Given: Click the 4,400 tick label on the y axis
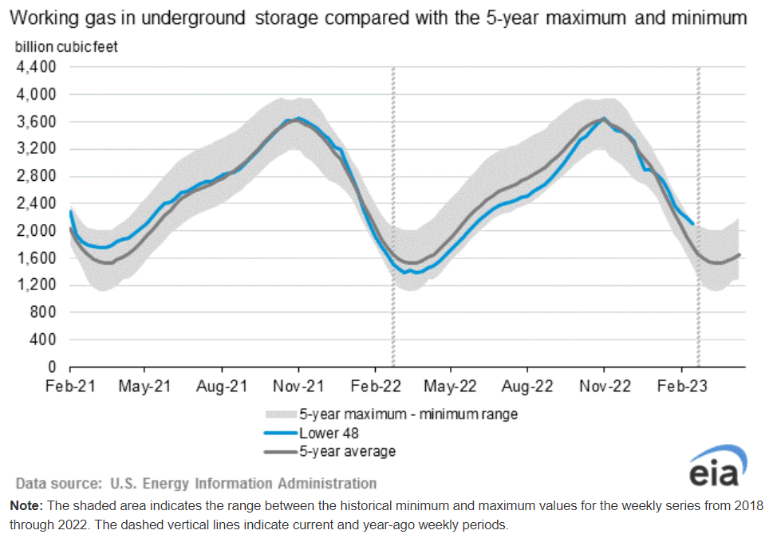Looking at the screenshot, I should [x=35, y=67].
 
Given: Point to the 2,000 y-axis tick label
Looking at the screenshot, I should [x=35, y=230].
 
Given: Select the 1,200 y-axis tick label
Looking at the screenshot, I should [x=35, y=285].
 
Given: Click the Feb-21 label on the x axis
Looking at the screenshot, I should [x=70, y=386].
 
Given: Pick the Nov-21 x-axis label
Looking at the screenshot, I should [x=298, y=386].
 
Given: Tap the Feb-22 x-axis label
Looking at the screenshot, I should [x=375, y=386].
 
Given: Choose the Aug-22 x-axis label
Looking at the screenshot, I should [x=527, y=386].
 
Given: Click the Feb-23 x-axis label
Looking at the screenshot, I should [x=680, y=386].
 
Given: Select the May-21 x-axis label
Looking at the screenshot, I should [x=145, y=386].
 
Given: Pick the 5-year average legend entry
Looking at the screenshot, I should [x=347, y=452].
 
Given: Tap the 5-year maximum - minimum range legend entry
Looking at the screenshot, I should [x=408, y=414].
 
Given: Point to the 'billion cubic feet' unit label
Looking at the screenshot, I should [x=66, y=47].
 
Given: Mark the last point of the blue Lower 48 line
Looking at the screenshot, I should [x=692, y=224].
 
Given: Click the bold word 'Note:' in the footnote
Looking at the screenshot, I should [x=27, y=506].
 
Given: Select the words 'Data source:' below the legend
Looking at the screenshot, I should [x=59, y=483].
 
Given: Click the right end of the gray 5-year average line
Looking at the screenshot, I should [x=739, y=254].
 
